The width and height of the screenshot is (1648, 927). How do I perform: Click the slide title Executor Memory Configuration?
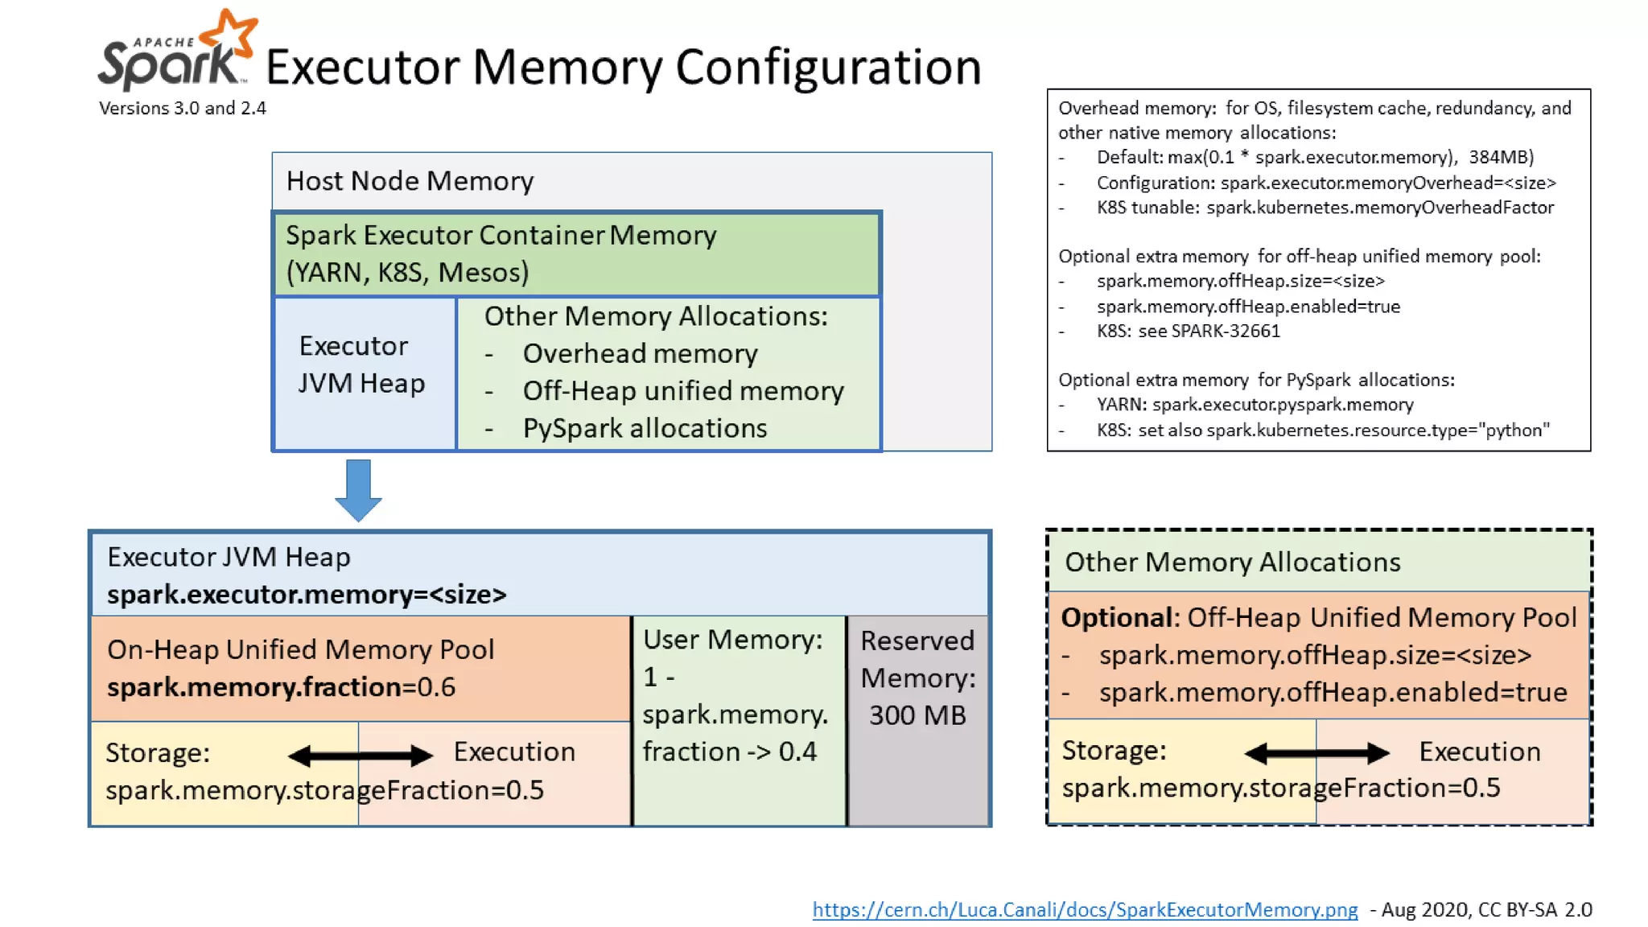(624, 67)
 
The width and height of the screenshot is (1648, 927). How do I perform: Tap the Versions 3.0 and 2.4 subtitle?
(183, 108)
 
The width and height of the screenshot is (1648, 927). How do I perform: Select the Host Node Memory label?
(410, 181)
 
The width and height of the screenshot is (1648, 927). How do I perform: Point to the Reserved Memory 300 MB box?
(918, 720)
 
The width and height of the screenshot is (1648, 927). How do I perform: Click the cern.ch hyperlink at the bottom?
(1085, 909)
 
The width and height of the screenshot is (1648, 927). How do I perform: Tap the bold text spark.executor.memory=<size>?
(307, 595)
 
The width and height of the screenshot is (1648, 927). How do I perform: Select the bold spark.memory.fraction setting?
(254, 686)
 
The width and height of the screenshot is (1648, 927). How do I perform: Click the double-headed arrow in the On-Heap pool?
(360, 755)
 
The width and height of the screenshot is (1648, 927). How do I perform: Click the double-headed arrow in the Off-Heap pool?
(1316, 753)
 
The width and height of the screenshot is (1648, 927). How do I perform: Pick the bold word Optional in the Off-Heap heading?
(1117, 617)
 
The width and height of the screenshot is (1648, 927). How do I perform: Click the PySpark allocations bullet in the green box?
(645, 428)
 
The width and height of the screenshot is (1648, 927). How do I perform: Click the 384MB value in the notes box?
(1501, 157)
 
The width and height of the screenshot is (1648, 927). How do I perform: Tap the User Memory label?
(732, 640)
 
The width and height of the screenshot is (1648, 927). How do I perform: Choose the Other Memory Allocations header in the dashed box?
(1232, 562)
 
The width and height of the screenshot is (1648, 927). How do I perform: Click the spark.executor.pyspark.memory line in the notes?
(1255, 405)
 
